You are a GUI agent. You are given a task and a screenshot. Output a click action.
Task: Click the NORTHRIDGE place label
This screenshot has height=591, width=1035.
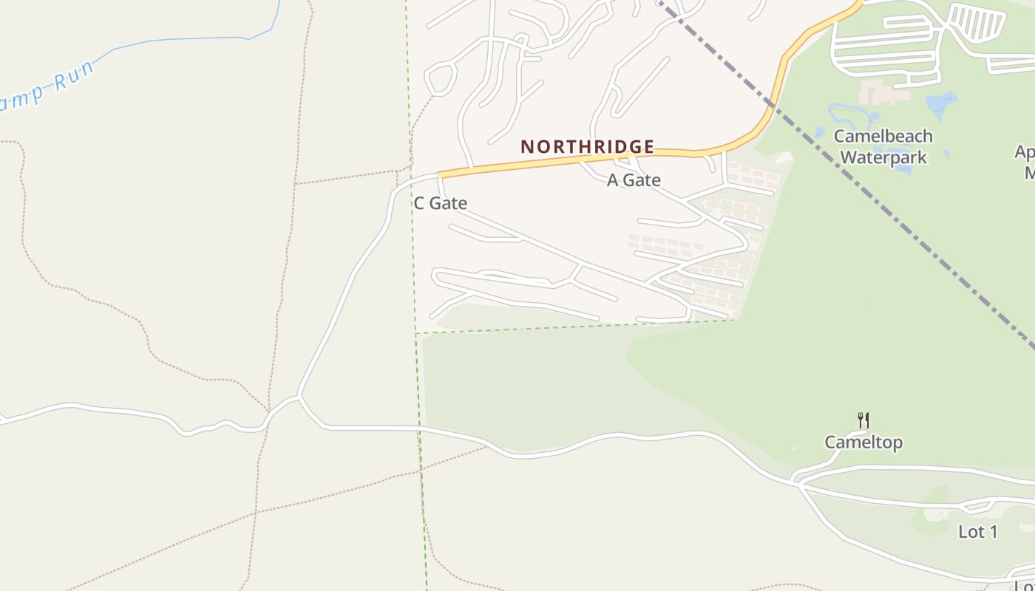587,146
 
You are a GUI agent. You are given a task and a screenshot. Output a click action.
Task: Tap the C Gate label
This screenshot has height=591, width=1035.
440,203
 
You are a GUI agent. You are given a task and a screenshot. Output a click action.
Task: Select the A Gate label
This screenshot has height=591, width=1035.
634,180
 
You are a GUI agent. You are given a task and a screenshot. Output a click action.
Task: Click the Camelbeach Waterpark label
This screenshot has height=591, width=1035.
883,146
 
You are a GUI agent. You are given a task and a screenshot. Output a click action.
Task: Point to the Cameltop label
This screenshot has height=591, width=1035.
863,443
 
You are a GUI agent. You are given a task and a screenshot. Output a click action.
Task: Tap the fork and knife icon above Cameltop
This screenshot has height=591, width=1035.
863,420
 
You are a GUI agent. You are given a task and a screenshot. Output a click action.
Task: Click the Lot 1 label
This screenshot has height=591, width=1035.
977,531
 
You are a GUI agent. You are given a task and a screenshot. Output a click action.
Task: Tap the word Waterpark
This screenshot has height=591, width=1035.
883,157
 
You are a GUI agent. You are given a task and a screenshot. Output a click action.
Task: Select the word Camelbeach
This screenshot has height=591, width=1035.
883,136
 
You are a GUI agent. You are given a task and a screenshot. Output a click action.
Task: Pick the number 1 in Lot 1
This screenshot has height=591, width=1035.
993,531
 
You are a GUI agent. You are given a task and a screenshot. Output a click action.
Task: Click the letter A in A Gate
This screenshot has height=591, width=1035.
613,180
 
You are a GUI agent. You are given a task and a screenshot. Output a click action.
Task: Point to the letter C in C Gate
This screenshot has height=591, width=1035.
419,203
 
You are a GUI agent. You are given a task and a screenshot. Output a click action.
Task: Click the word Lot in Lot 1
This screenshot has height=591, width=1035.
971,531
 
